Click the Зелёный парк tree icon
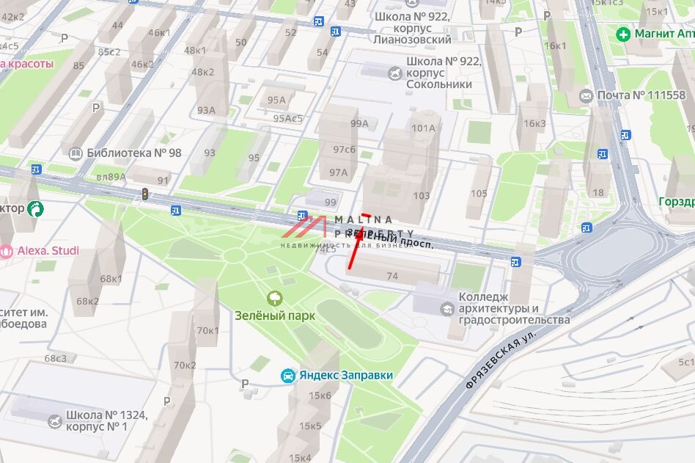click(276, 297)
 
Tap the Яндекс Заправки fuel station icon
click(289, 376)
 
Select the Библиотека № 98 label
click(133, 153)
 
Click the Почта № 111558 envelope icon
click(586, 96)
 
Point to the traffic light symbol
click(145, 194)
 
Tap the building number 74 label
click(392, 276)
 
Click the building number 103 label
click(422, 196)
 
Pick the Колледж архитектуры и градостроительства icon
click(446, 309)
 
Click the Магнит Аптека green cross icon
click(623, 34)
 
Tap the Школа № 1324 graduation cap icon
click(54, 421)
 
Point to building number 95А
click(276, 101)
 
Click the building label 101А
click(423, 128)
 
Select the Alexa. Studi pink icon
click(7, 251)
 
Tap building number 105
click(479, 194)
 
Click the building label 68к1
click(111, 279)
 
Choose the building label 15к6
click(320, 395)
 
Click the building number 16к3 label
click(534, 123)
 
